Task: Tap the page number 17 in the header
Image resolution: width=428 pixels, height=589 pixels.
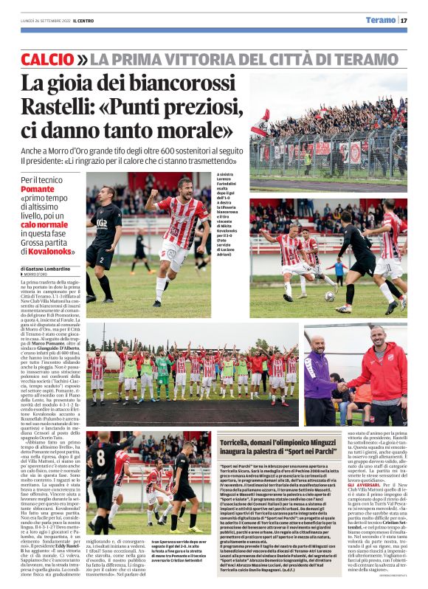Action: coord(404,20)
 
